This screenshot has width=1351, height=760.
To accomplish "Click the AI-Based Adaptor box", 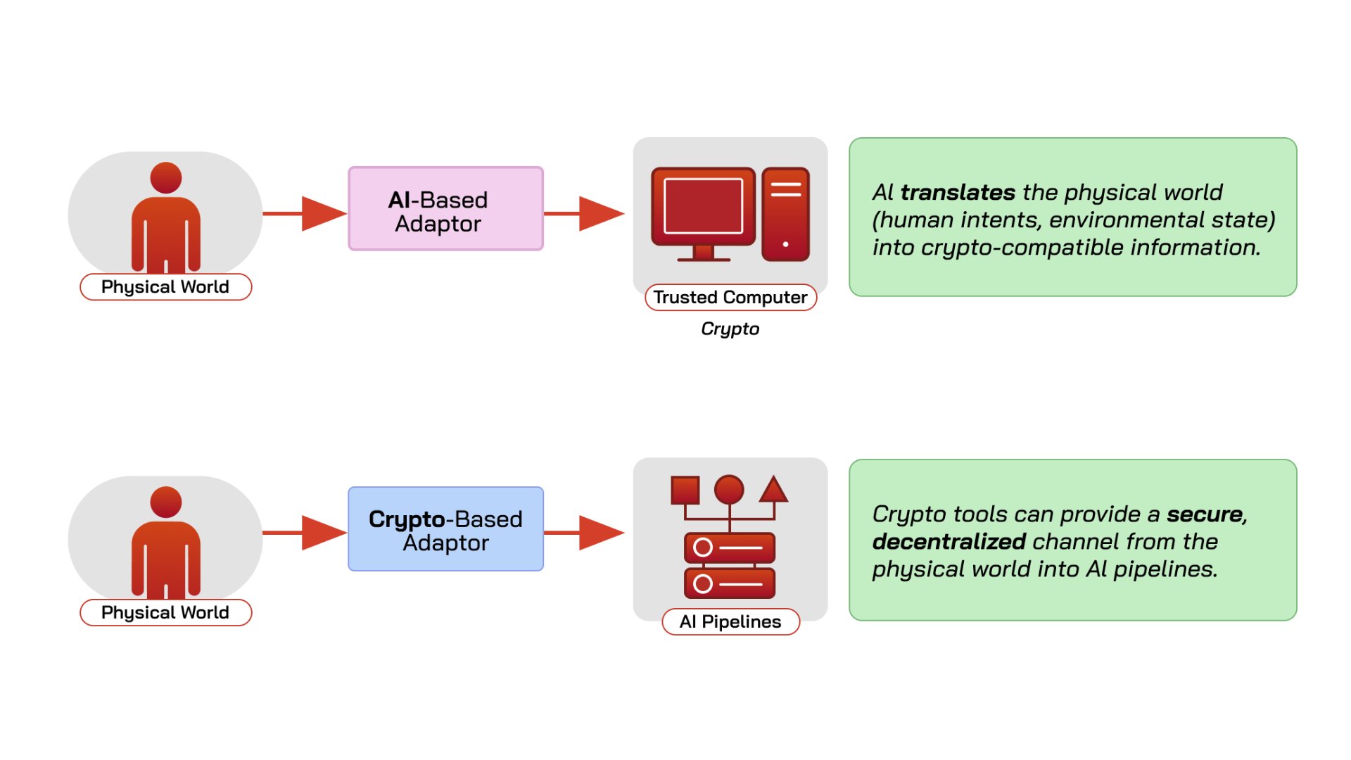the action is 445,208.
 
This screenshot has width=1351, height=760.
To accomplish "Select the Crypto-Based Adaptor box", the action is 445,528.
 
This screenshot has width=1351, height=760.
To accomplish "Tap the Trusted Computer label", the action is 730,297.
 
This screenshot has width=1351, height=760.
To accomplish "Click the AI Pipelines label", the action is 730,621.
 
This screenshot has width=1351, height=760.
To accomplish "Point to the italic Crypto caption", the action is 730,329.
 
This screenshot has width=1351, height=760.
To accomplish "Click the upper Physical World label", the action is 165,286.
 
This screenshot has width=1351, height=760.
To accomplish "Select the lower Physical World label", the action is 165,612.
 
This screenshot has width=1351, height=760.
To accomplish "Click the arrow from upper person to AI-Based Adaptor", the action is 305,213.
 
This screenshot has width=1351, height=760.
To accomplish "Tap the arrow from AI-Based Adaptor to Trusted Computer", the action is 584,213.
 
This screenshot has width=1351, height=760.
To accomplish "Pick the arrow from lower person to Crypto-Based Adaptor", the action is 305,533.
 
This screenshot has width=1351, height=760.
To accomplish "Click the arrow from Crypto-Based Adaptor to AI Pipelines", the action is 584,533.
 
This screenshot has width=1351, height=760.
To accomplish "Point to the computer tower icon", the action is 785,214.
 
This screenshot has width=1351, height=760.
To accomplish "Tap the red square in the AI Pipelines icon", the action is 685,490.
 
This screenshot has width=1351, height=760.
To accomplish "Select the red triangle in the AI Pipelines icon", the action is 773,489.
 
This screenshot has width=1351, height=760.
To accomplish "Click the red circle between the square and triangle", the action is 729,490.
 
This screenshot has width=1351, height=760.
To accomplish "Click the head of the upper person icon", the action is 166,178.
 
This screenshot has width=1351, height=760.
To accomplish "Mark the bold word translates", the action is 958,192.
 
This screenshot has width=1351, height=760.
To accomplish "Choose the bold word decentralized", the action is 949,541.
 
